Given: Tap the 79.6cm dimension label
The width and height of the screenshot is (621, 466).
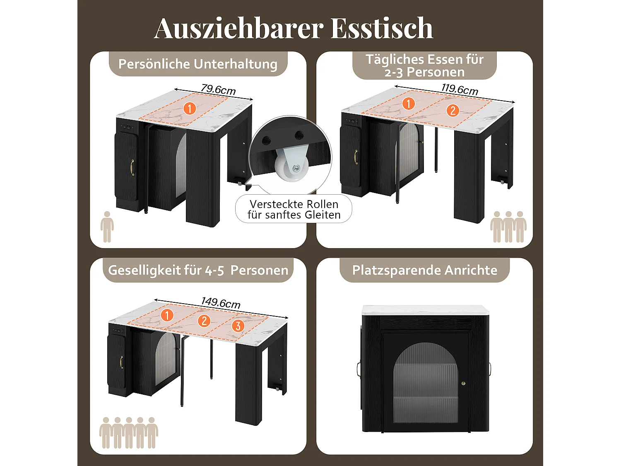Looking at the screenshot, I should point(218,89).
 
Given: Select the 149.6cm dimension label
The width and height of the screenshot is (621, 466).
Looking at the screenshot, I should point(221,302).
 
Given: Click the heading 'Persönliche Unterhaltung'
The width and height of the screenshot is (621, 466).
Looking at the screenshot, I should point(198,64).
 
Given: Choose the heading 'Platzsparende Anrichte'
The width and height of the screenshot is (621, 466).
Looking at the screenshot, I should point(425,270).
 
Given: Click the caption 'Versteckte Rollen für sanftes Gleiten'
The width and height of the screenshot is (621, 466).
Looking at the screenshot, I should point(294,210).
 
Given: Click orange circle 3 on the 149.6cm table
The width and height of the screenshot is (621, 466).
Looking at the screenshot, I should point(238,326).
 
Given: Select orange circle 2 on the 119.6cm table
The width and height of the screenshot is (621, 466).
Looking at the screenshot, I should point(453,110).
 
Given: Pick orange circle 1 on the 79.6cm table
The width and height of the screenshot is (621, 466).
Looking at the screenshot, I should point(190,109).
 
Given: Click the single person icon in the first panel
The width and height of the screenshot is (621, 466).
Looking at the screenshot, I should point(107,227).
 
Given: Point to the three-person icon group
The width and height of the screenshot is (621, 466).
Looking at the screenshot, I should point(508,227).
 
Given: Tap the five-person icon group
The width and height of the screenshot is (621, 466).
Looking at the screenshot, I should point(129,432).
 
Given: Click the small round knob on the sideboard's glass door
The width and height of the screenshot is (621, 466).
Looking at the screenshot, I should point(464,384).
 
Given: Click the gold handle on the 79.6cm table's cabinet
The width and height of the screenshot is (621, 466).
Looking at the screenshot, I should point(132,167).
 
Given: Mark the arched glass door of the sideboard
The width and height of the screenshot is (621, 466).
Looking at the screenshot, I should point(425,383).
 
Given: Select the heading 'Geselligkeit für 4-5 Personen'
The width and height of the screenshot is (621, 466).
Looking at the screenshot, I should point(198,270).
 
